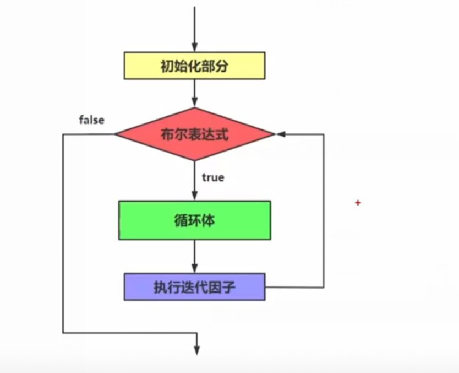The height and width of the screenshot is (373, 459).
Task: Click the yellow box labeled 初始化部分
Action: coord(194,66)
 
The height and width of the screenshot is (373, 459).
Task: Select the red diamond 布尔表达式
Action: coord(194,134)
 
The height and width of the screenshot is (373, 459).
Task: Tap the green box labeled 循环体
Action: coord(194,220)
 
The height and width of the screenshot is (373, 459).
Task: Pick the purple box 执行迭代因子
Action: coord(194,286)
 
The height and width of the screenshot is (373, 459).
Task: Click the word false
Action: coord(91,120)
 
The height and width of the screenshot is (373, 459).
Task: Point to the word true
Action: coord(213,177)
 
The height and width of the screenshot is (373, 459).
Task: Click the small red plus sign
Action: coord(358,203)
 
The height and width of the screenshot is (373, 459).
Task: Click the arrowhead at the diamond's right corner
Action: coord(279,134)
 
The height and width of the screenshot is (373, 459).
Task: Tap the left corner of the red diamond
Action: coord(116,134)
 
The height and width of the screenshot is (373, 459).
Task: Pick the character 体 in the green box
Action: coord(208,220)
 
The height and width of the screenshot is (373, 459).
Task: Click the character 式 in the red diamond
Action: coord(222,134)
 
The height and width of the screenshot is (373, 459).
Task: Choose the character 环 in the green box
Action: coord(194,220)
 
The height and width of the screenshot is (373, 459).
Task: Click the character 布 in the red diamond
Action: coord(167,134)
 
